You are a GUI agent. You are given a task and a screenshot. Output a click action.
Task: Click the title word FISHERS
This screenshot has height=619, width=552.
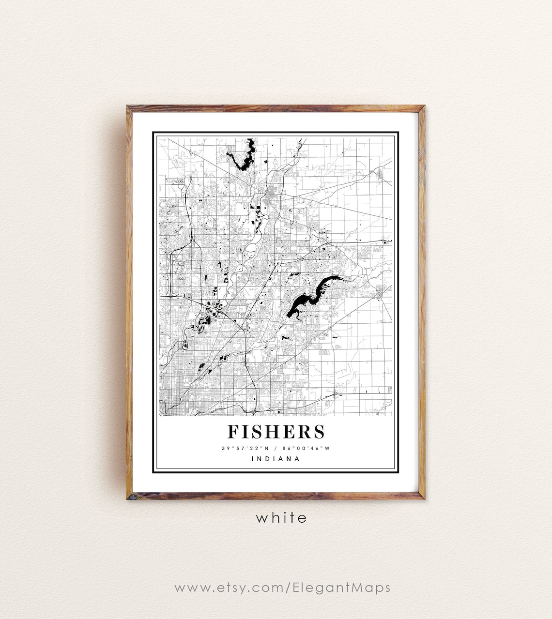276,431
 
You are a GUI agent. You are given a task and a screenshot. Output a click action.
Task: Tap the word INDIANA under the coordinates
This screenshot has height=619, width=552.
276,459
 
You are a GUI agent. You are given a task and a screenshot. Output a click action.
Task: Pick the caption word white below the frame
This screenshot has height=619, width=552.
281,518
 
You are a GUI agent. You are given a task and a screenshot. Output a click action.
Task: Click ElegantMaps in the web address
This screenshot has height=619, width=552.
341,588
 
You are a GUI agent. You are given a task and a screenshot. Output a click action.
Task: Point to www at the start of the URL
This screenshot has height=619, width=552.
190,588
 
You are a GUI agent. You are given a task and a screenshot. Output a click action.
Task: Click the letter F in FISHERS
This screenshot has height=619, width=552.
233,431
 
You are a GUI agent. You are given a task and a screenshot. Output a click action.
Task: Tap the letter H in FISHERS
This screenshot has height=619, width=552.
270,431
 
